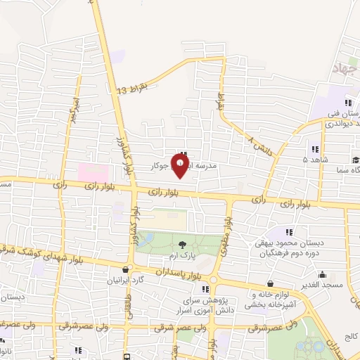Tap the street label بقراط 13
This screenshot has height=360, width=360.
(x=133, y=89)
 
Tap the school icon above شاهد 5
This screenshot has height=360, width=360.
(x=314, y=149)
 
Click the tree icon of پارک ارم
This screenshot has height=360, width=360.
(x=183, y=245)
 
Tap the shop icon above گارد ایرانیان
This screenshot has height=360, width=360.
(x=126, y=269)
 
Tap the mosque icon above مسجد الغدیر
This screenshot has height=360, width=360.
(x=322, y=274)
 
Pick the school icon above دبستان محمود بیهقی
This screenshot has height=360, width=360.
(x=289, y=231)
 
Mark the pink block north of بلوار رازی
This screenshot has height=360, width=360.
(x=94, y=172)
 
